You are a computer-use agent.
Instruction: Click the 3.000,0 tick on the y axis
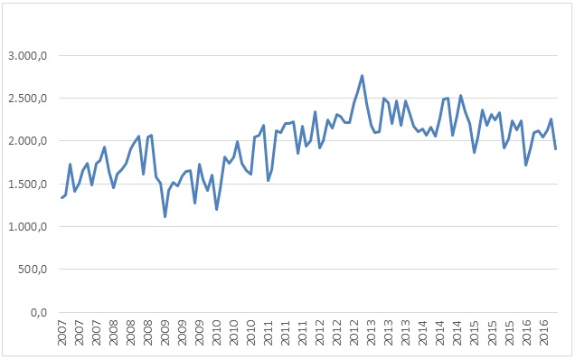point(27,56)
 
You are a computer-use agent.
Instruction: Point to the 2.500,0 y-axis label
point(27,99)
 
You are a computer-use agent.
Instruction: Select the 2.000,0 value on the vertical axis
point(27,141)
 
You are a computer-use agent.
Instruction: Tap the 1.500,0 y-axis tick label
point(27,184)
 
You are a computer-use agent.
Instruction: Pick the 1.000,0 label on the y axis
point(27,227)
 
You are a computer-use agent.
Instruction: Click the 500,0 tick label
point(33,270)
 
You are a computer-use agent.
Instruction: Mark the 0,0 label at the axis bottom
point(39,313)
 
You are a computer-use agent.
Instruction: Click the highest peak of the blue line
point(362,76)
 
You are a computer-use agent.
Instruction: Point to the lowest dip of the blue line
point(165,216)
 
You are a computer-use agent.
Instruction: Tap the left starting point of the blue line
point(61,198)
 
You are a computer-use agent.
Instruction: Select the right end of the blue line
point(556,149)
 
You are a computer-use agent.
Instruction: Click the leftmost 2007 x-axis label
point(62,333)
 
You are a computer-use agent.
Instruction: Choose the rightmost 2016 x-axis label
point(544,333)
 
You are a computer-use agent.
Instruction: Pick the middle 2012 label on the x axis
point(337,333)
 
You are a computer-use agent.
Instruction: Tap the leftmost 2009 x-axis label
point(165,333)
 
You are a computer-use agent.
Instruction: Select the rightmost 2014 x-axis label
point(457,333)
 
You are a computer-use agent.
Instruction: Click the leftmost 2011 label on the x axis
point(269,333)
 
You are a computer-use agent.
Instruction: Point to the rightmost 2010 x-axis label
point(251,333)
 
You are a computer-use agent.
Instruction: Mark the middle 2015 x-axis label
point(492,333)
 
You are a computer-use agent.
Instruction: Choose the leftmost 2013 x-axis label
point(372,333)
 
